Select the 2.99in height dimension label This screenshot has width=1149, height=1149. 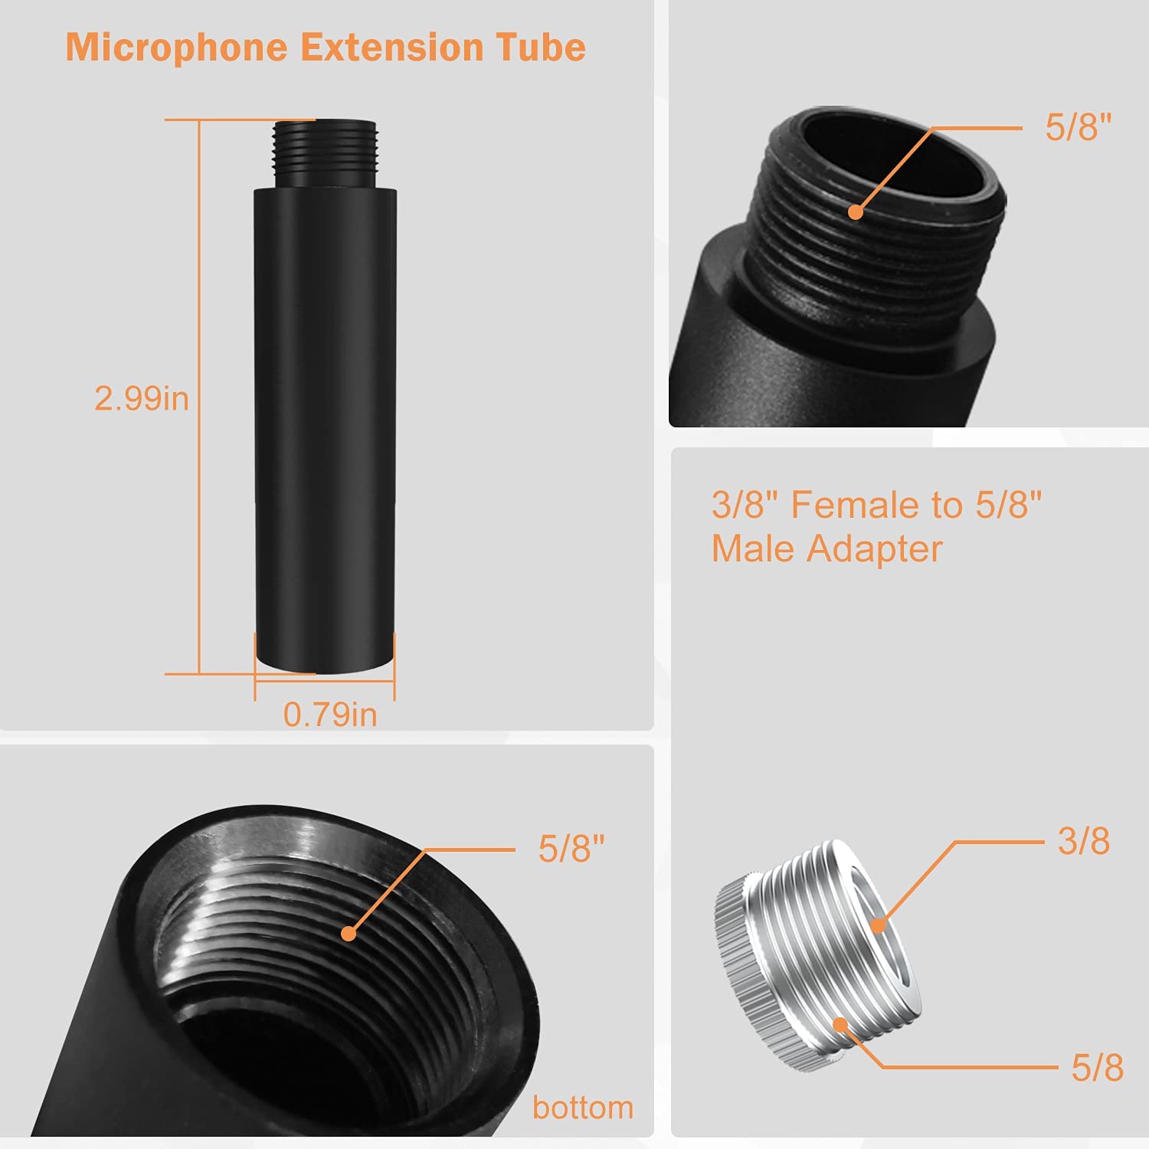click(x=142, y=399)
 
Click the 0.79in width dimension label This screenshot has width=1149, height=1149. click(x=330, y=715)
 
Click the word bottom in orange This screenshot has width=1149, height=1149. click(x=583, y=1108)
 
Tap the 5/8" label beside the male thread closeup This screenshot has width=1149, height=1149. click(x=1078, y=127)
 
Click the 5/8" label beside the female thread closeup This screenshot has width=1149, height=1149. click(x=571, y=849)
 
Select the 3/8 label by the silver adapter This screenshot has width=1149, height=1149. click(x=1083, y=841)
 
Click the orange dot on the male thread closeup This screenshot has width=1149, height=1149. click(x=856, y=212)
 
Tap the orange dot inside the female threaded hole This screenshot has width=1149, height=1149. click(x=349, y=934)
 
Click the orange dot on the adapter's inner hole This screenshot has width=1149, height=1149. click(x=878, y=925)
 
